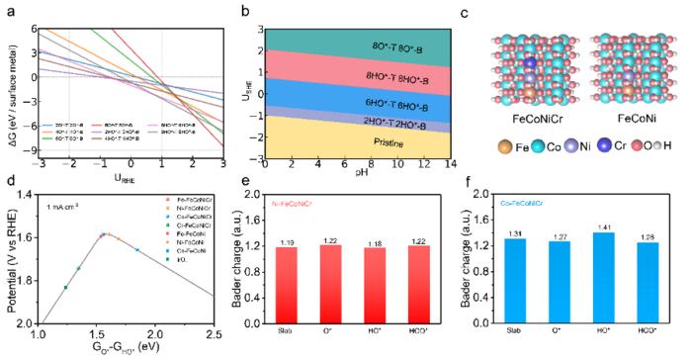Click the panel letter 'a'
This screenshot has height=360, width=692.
[9, 8]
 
